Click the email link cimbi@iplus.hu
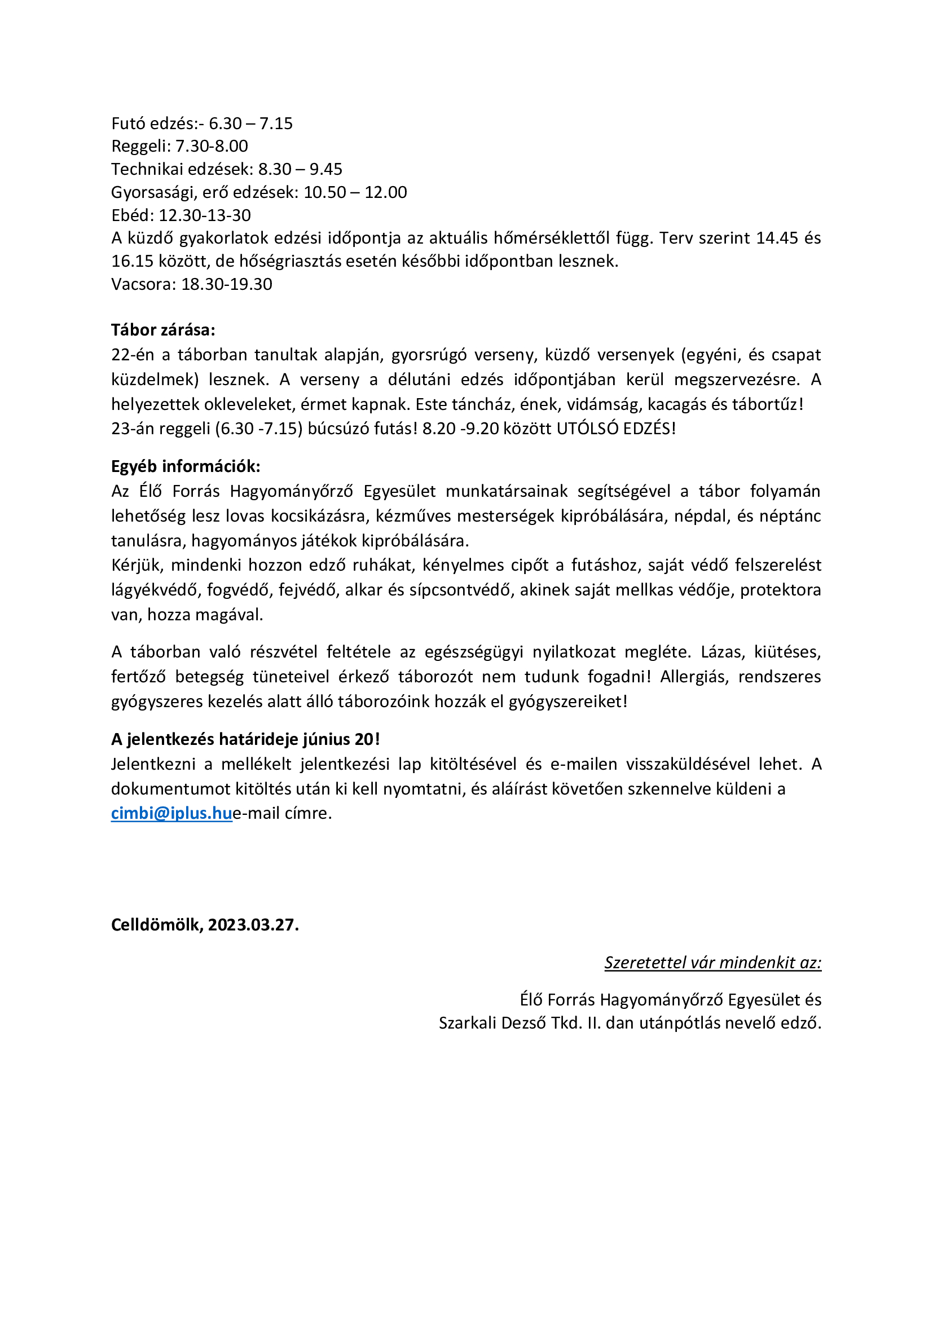171,813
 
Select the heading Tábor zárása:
163,330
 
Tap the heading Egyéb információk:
186,466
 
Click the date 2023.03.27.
253,924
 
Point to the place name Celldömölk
156,924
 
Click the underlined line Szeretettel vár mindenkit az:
712,962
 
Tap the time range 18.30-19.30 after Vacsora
227,284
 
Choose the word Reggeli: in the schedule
142,146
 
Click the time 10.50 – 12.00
355,192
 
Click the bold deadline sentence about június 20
245,739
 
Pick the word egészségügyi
474,651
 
